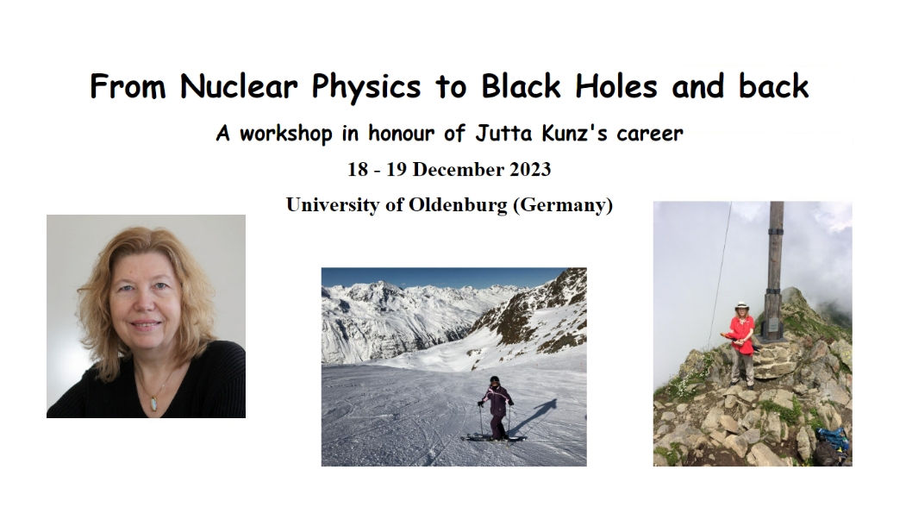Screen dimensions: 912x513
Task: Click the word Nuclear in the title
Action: click(239, 87)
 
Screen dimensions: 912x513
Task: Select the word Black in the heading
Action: click(522, 86)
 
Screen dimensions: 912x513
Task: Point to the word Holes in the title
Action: click(616, 86)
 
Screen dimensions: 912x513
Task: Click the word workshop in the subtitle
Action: click(285, 134)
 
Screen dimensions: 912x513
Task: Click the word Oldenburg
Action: click(458, 205)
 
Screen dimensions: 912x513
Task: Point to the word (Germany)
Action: click(563, 205)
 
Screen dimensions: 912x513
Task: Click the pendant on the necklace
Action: click(153, 404)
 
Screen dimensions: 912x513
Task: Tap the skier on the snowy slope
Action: click(495, 409)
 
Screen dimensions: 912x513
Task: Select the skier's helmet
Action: click(495, 380)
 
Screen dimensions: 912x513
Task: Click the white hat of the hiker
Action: click(741, 306)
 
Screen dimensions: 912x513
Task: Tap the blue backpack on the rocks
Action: click(834, 437)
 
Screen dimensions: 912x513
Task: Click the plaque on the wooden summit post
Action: click(772, 326)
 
